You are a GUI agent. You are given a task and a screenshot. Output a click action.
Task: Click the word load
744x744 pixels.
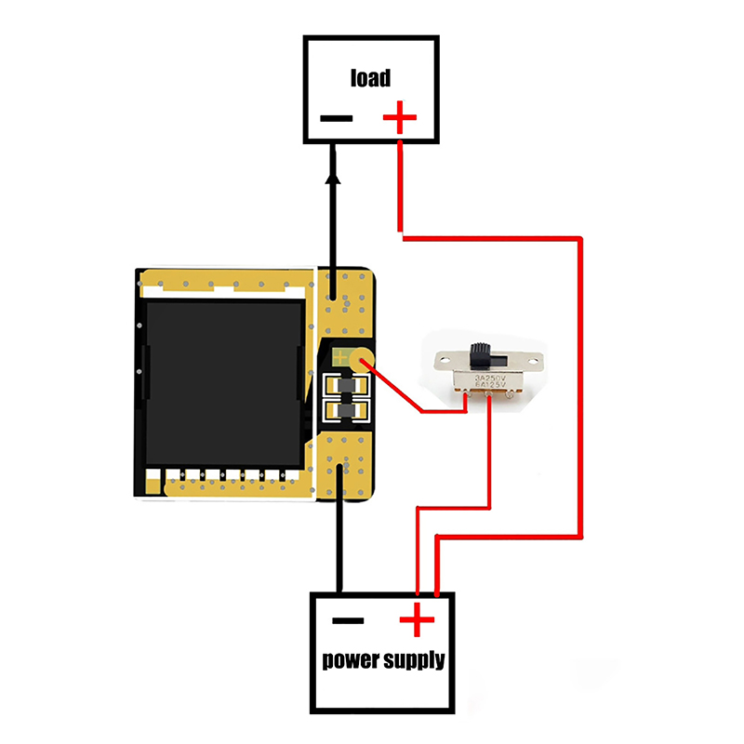(x=370, y=77)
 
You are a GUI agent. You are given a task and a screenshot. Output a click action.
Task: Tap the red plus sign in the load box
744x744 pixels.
(x=400, y=118)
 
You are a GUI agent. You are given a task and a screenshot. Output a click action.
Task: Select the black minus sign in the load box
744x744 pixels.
(x=337, y=118)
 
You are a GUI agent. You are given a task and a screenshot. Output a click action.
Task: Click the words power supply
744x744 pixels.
(x=383, y=661)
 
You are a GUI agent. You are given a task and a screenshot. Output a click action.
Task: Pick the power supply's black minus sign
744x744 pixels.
(x=348, y=620)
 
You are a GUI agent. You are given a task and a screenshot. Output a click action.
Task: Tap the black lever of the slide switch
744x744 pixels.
(x=480, y=353)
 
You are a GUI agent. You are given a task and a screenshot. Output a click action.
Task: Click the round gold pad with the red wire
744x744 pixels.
(x=365, y=358)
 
